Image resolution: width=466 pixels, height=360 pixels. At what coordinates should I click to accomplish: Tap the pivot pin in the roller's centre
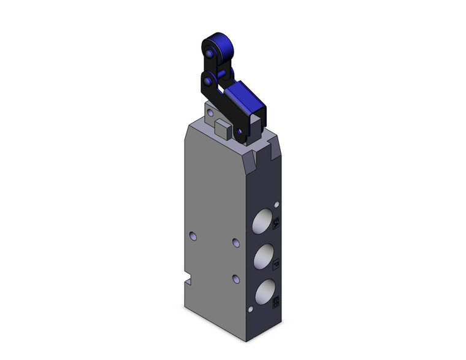pos(210,54)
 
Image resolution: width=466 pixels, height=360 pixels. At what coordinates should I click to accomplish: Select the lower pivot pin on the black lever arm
pos(210,80)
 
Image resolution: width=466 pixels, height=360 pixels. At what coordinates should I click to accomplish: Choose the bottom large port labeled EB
pos(264,293)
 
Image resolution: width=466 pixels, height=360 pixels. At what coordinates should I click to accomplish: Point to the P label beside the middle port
pos(276,262)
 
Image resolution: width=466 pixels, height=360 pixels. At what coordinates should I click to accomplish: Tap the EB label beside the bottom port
pos(277,301)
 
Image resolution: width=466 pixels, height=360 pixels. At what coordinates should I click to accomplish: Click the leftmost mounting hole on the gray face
pos(194,236)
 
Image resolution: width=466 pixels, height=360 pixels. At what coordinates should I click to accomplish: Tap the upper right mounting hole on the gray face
pos(236,243)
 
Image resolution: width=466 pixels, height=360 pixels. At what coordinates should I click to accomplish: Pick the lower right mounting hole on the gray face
pos(236,279)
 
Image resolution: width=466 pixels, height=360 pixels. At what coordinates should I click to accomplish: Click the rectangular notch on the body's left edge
pos(188,284)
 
